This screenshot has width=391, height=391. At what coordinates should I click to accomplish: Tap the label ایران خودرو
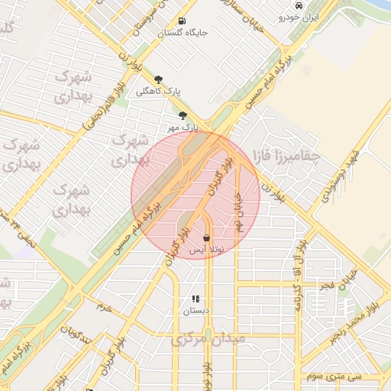pyautogui.click(x=298, y=17)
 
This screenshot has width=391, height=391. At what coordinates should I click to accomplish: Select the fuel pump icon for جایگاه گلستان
pyautogui.click(x=182, y=21)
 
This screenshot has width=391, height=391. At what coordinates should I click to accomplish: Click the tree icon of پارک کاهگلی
pyautogui.click(x=158, y=79)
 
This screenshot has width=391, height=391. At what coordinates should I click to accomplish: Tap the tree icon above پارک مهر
pyautogui.click(x=183, y=115)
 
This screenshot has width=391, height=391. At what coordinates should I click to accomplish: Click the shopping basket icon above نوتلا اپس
pyautogui.click(x=207, y=238)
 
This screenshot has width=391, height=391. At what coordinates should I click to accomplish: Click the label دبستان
pyautogui.click(x=195, y=311)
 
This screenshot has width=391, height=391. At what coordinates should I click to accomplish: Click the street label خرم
pyautogui.click(x=103, y=307)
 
